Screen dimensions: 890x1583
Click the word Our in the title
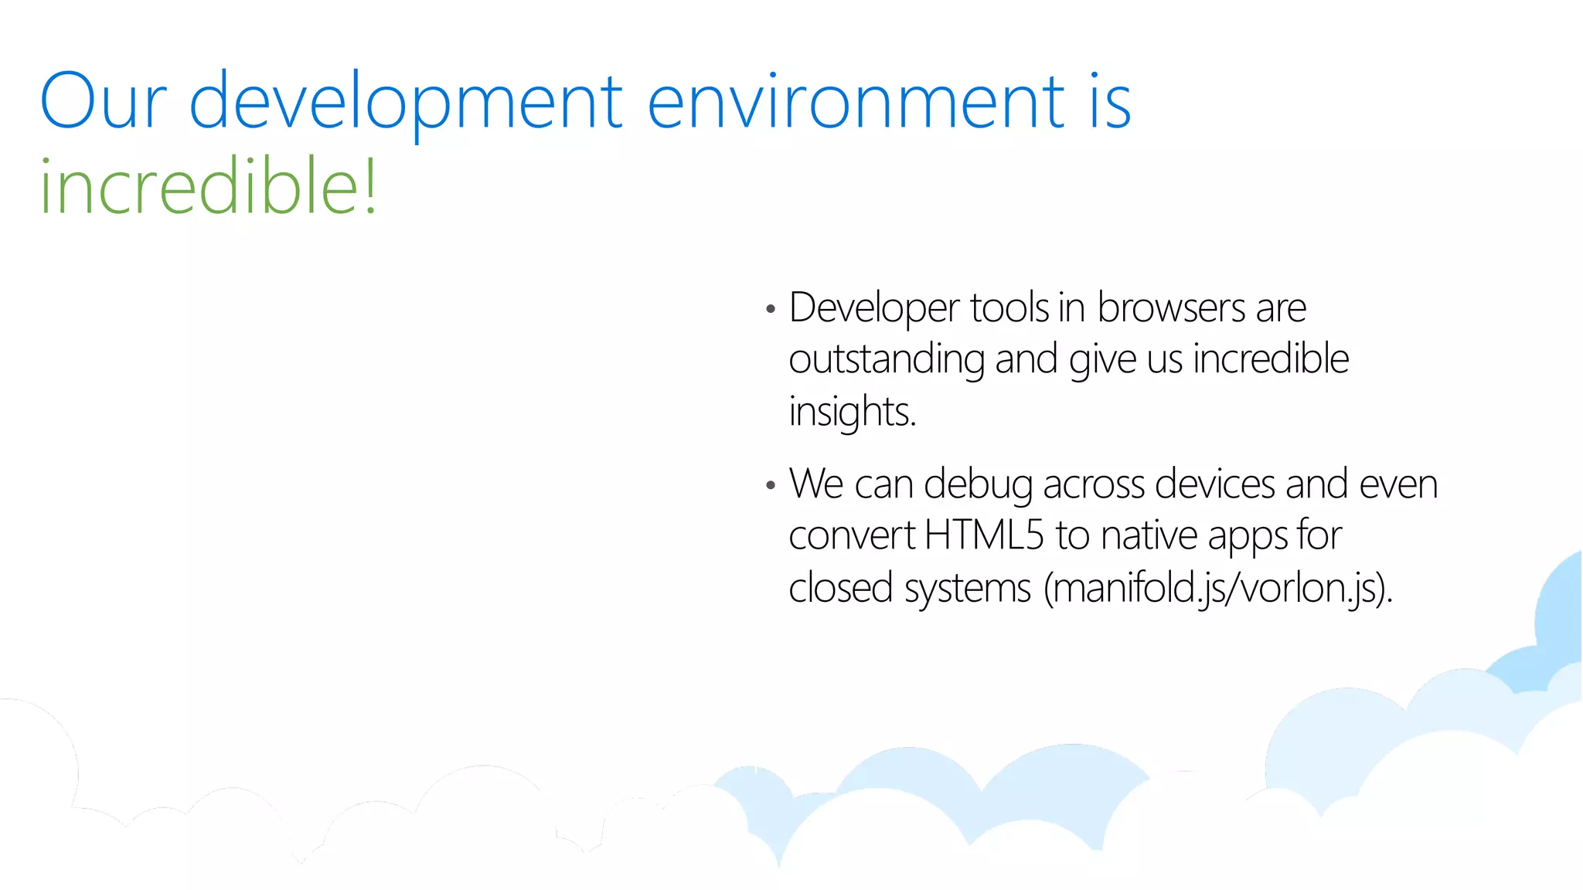[103, 101]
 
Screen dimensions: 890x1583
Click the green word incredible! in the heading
[209, 186]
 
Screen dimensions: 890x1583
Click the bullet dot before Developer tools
[770, 310]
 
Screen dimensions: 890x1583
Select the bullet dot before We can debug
[770, 486]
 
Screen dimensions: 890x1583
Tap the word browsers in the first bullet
[1171, 307]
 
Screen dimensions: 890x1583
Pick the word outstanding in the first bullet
[887, 360]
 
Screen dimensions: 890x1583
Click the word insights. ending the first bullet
[852, 412]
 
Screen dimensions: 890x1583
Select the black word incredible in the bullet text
[1271, 358]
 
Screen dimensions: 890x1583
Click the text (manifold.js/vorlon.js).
[1217, 589]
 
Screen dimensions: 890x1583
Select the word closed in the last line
[841, 588]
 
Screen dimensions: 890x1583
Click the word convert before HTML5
[851, 536]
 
